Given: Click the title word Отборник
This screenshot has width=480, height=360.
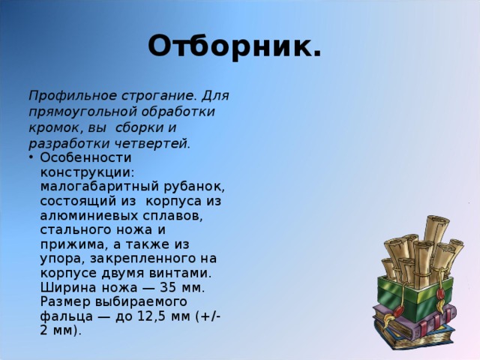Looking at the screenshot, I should click(235, 46).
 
